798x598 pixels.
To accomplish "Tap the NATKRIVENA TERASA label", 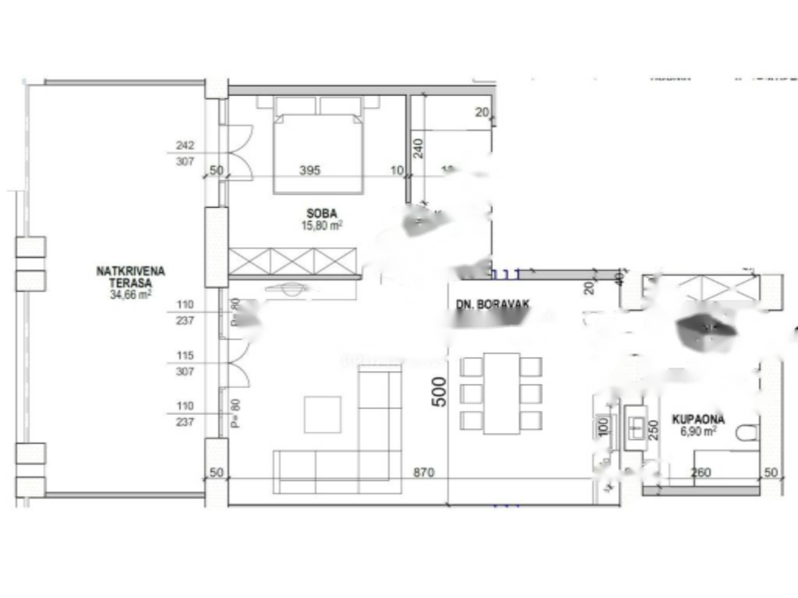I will [130, 277].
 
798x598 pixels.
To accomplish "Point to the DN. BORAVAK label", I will [493, 306].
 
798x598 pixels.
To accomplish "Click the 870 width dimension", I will [423, 473].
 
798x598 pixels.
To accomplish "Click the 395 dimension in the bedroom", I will [309, 171].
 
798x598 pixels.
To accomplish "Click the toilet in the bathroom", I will [746, 434].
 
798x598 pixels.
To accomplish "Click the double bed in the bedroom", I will [318, 148].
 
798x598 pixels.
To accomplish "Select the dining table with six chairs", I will [501, 393].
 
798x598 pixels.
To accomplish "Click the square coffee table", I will [322, 414].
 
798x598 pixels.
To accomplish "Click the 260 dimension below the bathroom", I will [701, 473].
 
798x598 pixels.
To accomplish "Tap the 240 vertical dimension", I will [418, 148].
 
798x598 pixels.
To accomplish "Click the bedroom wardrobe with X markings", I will [293, 261].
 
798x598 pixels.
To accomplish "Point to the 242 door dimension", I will [185, 146].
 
